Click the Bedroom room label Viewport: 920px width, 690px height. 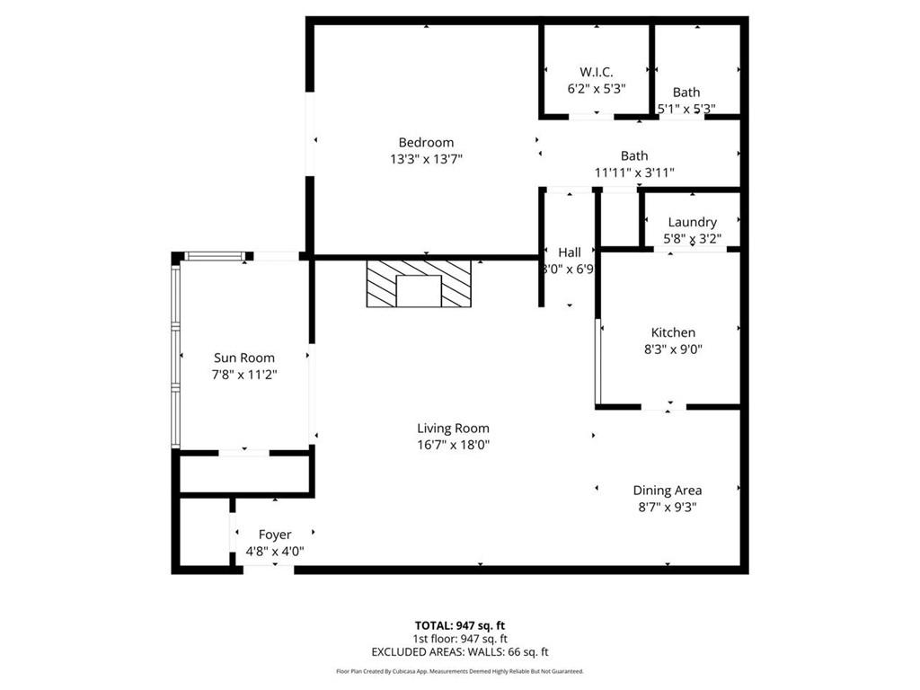pos(426,142)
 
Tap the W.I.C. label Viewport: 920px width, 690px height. pos(596,72)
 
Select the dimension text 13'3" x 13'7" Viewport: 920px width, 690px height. pos(426,159)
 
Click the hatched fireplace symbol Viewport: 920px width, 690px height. pos(419,285)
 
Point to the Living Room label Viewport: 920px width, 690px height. pos(453,429)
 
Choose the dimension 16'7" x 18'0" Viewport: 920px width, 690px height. pos(453,445)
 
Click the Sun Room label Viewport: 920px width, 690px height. pos(244,358)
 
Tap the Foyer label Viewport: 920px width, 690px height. pos(275,535)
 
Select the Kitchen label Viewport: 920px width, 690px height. pos(673,332)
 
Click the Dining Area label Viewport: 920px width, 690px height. pos(667,490)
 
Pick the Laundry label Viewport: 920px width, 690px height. pos(692,222)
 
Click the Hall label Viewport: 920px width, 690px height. pos(569,252)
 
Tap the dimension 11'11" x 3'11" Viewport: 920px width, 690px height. pos(633,172)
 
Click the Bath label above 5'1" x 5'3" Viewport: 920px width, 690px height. pos(686,92)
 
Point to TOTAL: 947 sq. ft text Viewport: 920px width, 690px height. pos(459,625)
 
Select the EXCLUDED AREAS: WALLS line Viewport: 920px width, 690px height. pos(459,652)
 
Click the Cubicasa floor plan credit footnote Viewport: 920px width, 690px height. pos(459,671)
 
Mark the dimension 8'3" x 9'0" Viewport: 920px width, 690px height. pos(673,349)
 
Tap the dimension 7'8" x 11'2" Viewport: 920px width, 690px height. pos(244,375)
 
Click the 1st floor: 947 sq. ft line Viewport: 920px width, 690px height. pos(459,639)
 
